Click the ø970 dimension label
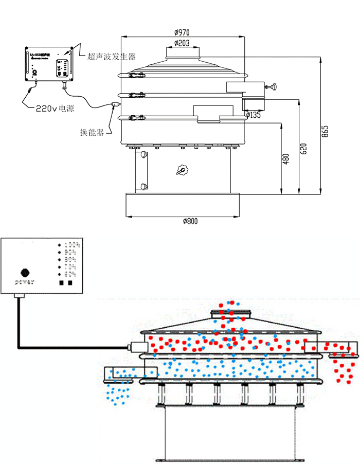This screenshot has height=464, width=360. tap(183, 32)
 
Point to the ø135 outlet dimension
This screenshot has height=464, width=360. tap(254, 115)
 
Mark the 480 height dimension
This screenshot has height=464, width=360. tap(286, 160)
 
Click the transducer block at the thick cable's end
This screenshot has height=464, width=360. tap(136, 347)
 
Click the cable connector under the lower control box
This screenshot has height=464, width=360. tap(20, 295)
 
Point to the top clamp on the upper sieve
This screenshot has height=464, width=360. tap(136, 76)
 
